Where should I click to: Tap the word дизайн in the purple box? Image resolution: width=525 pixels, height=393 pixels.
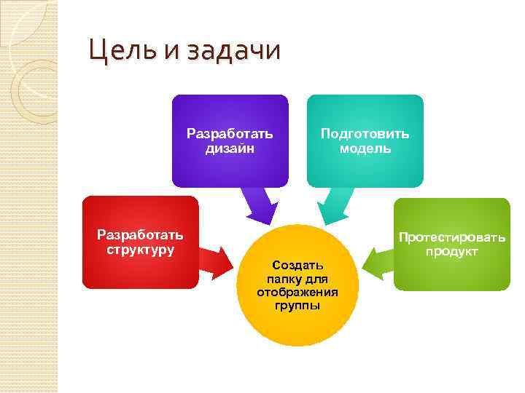coord(230,148)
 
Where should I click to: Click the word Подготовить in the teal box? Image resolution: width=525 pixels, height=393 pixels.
coord(365,134)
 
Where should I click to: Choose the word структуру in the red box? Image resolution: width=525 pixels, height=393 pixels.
coord(141,250)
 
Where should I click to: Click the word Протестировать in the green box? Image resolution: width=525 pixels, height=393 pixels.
coord(451,237)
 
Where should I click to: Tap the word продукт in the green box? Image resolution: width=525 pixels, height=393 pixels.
coord(452,251)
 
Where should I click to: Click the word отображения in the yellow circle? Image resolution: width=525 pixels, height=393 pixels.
coord(297,292)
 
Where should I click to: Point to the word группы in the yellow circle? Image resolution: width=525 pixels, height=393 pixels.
coord(297,305)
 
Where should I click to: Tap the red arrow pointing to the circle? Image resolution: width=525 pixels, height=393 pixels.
coord(214,261)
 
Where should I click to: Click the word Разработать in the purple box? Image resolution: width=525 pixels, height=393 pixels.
coord(230,134)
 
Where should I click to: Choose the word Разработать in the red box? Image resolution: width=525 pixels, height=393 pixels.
coord(141,235)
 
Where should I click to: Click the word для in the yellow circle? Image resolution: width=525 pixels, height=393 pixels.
coord(318,279)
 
